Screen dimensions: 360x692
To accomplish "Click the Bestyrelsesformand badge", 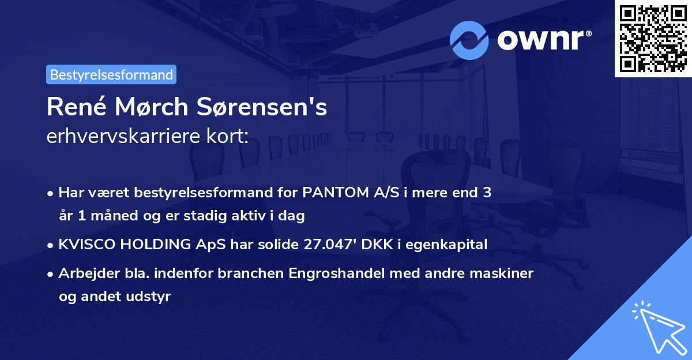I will tap(111, 74).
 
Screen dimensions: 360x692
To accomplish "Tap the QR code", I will tap(653, 39).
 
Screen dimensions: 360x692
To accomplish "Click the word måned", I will tap(107, 216).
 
